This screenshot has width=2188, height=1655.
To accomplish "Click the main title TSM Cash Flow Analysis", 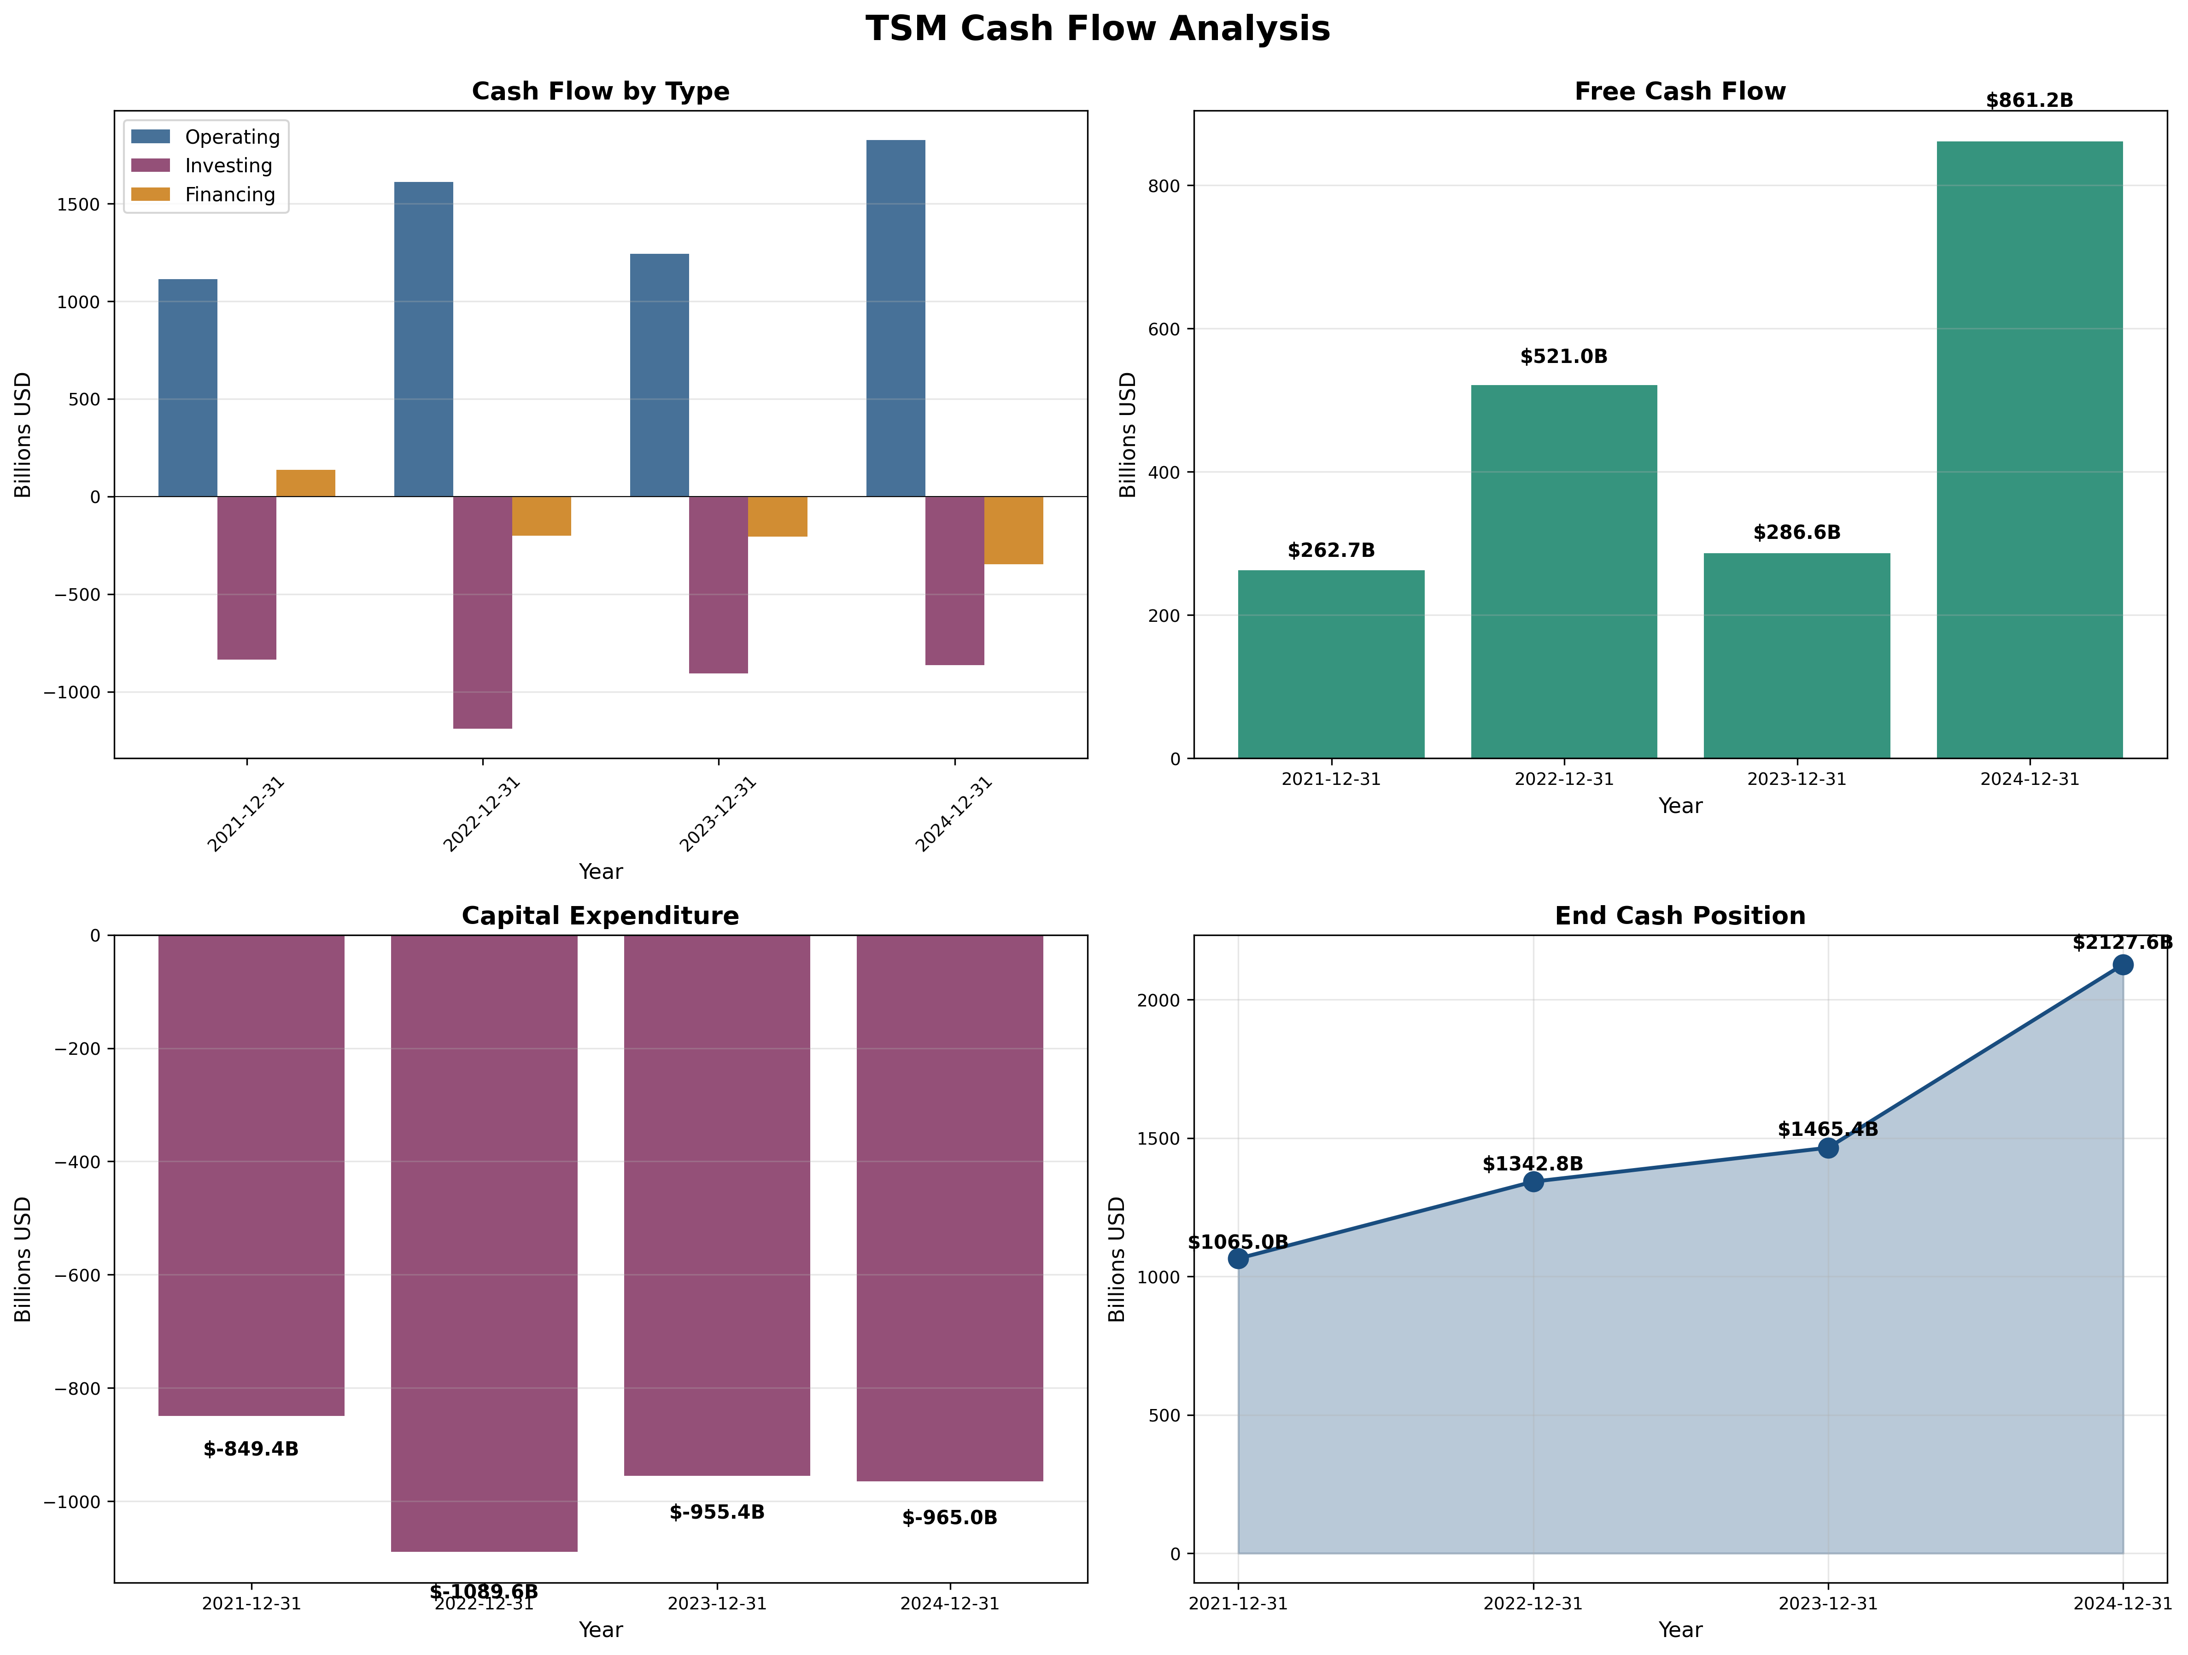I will click(x=1097, y=29).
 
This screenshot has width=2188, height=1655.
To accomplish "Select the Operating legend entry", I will click(x=231, y=136).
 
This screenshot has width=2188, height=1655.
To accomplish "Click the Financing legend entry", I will click(x=229, y=195).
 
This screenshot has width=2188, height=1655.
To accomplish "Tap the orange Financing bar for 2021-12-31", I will click(x=306, y=483).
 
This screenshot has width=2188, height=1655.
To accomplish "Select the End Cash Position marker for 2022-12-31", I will click(x=1533, y=1181).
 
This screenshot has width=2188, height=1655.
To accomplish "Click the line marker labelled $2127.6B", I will click(x=2122, y=965).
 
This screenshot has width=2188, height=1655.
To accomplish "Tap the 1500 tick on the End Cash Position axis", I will click(x=1159, y=1139).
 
